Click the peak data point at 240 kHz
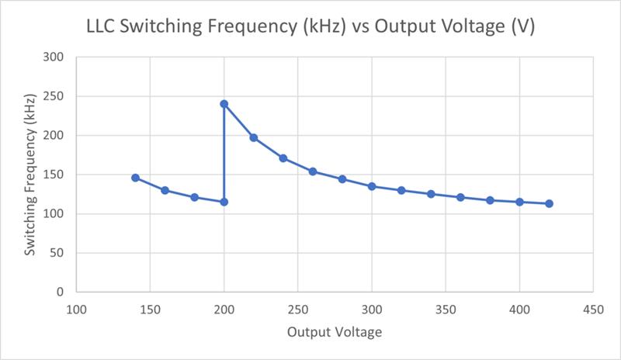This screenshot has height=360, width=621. coord(224,104)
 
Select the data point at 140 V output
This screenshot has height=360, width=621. coord(135,178)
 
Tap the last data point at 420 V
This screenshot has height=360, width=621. coord(549,203)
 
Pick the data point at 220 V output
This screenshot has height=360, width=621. coord(253,137)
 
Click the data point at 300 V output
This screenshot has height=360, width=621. coord(372,186)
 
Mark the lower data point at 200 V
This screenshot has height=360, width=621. coord(224,202)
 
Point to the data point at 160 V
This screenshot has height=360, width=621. coord(165,190)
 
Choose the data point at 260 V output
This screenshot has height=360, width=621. coord(313,171)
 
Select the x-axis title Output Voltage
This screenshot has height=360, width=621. coord(334,333)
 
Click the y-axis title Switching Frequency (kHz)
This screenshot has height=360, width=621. coord(30,175)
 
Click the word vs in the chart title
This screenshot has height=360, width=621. coord(369,28)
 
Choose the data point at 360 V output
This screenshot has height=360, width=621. coord(460,197)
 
